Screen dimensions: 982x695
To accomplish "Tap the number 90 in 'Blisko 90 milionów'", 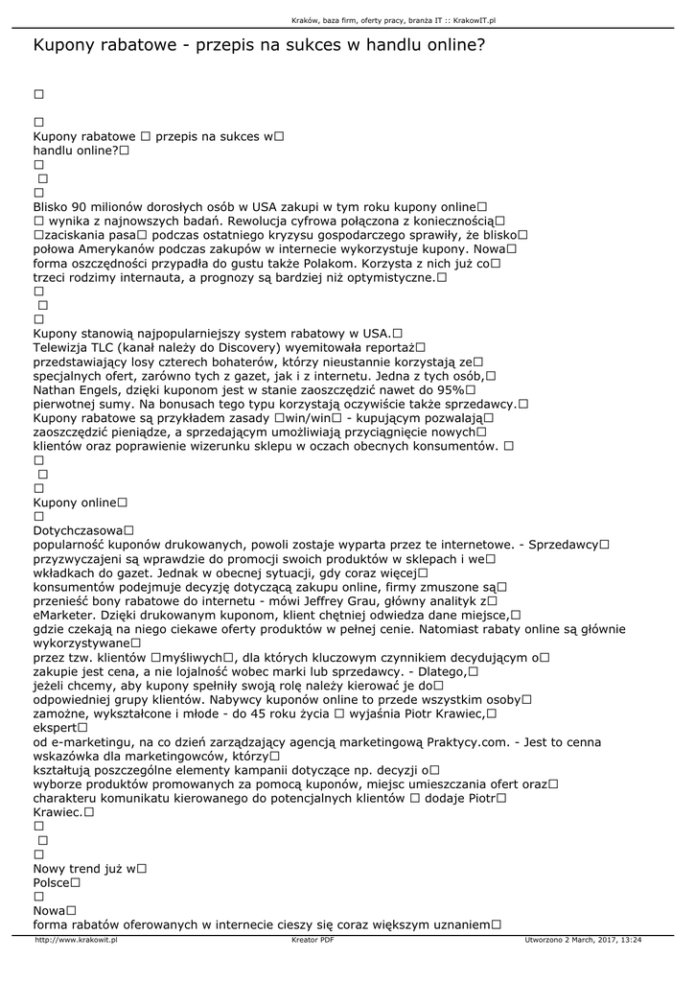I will click(x=81, y=206).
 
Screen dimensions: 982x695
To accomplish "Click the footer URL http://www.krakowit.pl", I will click(x=76, y=941).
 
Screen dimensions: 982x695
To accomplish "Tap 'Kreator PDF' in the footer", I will click(x=313, y=941).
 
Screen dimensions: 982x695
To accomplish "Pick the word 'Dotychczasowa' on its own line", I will click(x=78, y=530).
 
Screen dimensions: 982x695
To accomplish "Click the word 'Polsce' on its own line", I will click(x=52, y=882).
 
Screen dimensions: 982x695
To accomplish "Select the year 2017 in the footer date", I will click(x=596, y=941).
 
